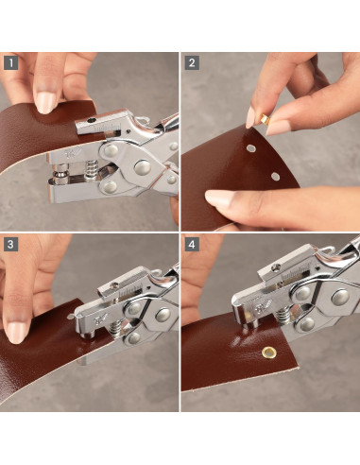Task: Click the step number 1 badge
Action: click(11, 62)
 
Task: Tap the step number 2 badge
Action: click(192, 62)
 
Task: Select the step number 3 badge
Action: click(11, 244)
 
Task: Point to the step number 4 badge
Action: click(192, 244)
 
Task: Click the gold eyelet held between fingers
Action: click(265, 119)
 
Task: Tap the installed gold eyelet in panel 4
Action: click(268, 352)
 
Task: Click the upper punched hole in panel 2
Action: click(251, 147)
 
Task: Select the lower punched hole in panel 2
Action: click(276, 177)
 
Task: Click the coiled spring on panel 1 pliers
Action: click(91, 169)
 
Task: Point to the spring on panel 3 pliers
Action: click(114, 329)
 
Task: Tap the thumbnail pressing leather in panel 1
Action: click(45, 102)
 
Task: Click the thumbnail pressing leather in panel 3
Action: click(17, 333)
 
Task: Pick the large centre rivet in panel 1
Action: click(143, 167)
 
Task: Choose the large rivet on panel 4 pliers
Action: click(340, 297)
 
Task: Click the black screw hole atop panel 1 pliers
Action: click(92, 120)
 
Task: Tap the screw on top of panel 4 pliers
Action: click(275, 268)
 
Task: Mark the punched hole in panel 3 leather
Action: click(71, 316)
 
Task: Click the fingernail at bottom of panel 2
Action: click(220, 198)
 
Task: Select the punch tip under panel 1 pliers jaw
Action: click(60, 173)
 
